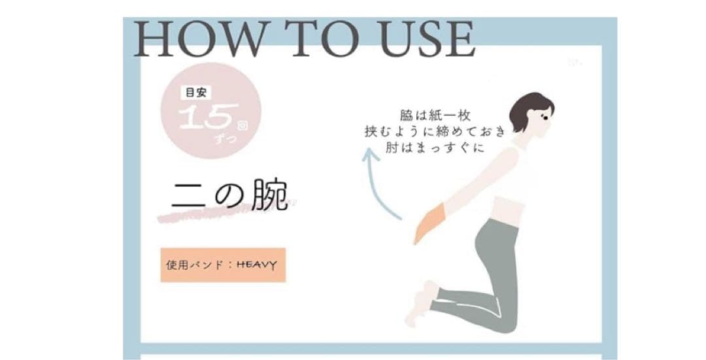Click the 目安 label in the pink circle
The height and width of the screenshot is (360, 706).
196,93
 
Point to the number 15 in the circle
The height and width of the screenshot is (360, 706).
206,118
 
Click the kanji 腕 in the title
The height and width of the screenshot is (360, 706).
269,196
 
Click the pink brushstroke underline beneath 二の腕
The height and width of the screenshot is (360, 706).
225,212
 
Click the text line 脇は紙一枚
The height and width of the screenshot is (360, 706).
435,116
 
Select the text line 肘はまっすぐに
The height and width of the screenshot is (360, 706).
435,147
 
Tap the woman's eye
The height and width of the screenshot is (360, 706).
543,118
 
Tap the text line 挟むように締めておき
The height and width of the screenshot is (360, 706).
435,131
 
